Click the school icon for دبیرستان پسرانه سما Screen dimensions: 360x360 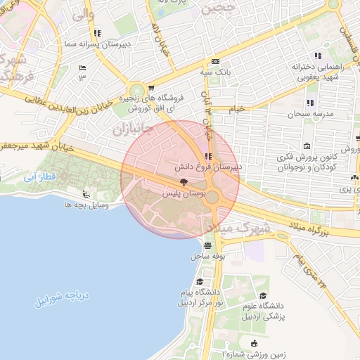point(96,32)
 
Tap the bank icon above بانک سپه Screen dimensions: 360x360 point(215,61)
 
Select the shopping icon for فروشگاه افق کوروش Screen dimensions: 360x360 point(150,87)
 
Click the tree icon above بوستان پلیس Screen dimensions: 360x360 point(184,182)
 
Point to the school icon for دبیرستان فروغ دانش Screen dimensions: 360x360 point(207,156)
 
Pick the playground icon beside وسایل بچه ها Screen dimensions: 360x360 point(86,194)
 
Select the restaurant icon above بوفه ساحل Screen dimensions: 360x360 point(207,245)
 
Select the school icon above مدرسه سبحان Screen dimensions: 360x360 point(290,102)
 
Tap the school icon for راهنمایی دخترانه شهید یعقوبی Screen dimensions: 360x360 point(318,56)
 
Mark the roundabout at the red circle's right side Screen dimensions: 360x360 point(212,198)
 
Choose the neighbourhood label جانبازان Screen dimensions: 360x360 point(128,128)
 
